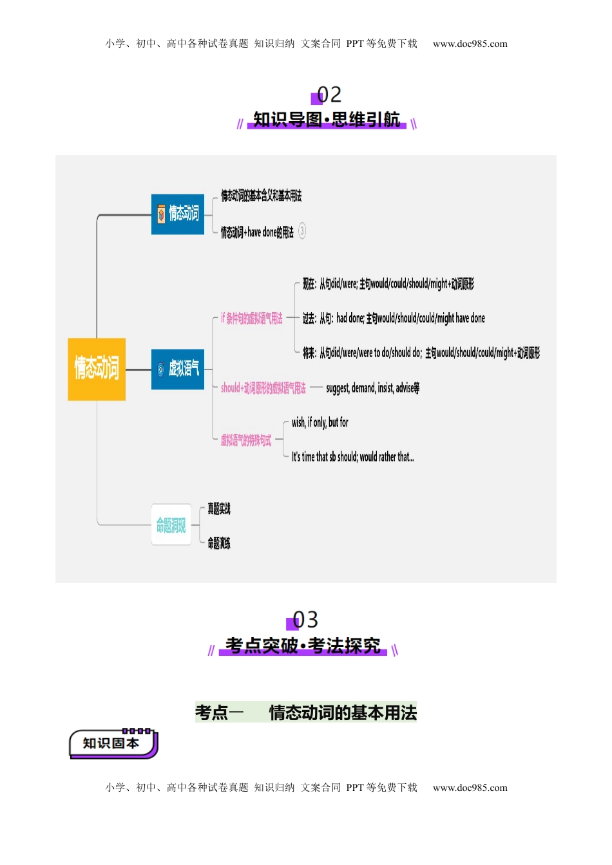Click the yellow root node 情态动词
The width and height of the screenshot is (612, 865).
[x=97, y=369]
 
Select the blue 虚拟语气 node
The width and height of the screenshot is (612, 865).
[x=178, y=369]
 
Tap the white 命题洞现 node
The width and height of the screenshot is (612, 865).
[x=171, y=525]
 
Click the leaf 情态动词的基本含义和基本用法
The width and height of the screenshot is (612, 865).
[x=261, y=196]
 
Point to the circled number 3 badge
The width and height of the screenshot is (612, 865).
[x=302, y=231]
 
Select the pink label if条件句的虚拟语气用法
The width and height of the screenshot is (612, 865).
[x=251, y=318]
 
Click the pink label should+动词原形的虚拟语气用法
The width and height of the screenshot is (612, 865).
[x=263, y=387]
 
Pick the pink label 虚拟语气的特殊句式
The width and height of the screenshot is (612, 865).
[x=245, y=440]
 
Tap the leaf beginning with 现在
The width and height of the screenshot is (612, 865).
[x=388, y=284]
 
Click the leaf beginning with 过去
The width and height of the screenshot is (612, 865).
[x=394, y=318]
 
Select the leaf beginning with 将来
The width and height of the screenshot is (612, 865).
[x=421, y=353]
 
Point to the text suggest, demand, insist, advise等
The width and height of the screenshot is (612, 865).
[x=372, y=387]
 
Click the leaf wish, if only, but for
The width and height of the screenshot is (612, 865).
[x=320, y=422]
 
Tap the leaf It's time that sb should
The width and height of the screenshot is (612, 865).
[x=352, y=457]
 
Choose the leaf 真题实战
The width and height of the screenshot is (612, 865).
[x=218, y=508]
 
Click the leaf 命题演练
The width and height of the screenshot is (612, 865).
[x=218, y=543]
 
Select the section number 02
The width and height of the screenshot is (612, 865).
[x=329, y=95]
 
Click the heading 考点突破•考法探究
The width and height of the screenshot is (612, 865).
[x=303, y=645]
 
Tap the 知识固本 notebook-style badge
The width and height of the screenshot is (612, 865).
[x=112, y=743]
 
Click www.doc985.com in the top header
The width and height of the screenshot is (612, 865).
[x=470, y=44]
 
